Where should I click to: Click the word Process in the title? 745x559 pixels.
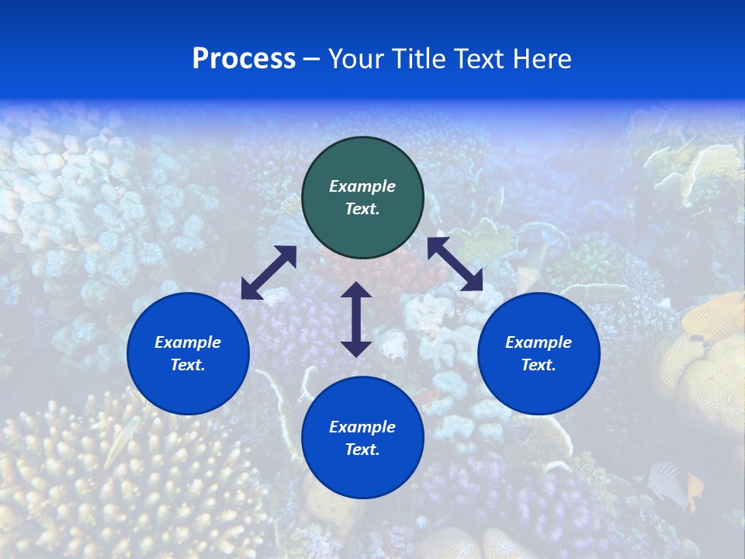(244, 59)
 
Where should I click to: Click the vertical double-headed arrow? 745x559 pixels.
(356, 319)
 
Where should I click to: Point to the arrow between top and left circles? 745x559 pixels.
(269, 273)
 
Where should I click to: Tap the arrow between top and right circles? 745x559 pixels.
(456, 264)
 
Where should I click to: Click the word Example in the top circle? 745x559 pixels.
(362, 186)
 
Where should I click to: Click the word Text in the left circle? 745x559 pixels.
(188, 365)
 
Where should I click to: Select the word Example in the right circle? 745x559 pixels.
(539, 342)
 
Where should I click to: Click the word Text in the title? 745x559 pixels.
(482, 59)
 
